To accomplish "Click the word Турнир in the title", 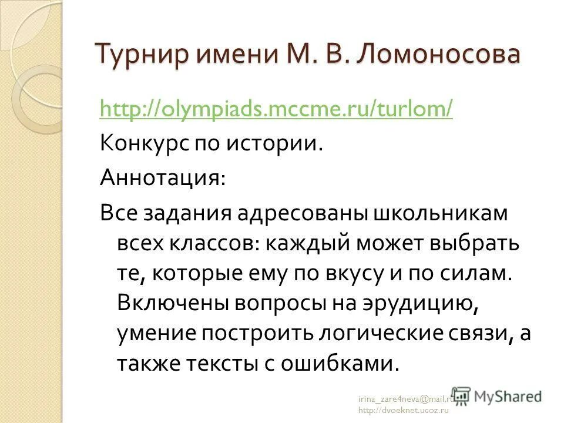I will [x=140, y=55].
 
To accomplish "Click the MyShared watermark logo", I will [x=497, y=395].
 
